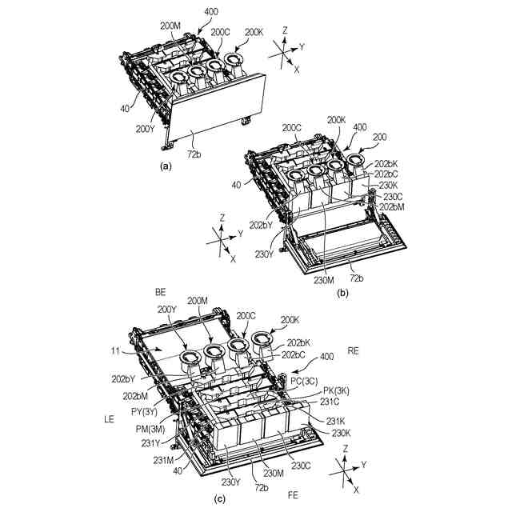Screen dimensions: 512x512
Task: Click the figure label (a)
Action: pos(166,166)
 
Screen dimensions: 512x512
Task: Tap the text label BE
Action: pos(160,294)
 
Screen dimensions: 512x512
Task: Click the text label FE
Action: pos(294,496)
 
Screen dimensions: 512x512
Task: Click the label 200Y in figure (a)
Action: pos(145,128)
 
